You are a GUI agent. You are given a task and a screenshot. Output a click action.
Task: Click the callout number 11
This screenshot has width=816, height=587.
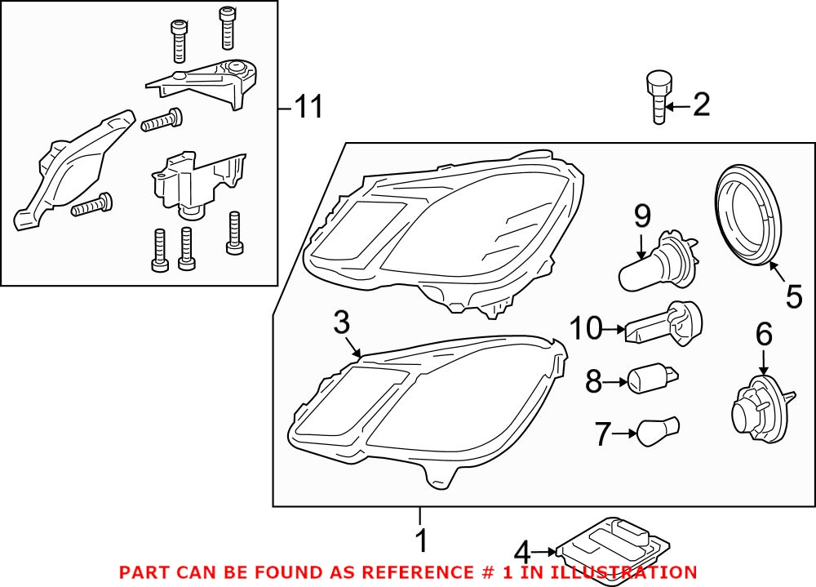point(308,106)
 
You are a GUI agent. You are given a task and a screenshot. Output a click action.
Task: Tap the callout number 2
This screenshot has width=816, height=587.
point(701,105)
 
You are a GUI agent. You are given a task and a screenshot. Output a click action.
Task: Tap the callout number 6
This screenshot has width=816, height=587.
point(763,333)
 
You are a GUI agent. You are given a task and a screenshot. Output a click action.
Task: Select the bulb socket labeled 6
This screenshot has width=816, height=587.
point(758,405)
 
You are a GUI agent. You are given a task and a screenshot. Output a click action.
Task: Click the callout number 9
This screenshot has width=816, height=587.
point(642,216)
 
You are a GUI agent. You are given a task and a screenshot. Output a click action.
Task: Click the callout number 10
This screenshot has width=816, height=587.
point(586,329)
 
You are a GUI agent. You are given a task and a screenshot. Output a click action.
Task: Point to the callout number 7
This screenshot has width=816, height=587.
point(602,434)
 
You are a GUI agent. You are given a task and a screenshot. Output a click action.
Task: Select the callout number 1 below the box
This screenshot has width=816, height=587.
point(421,540)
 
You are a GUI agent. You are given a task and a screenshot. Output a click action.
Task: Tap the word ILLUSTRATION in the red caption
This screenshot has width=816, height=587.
point(632,572)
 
